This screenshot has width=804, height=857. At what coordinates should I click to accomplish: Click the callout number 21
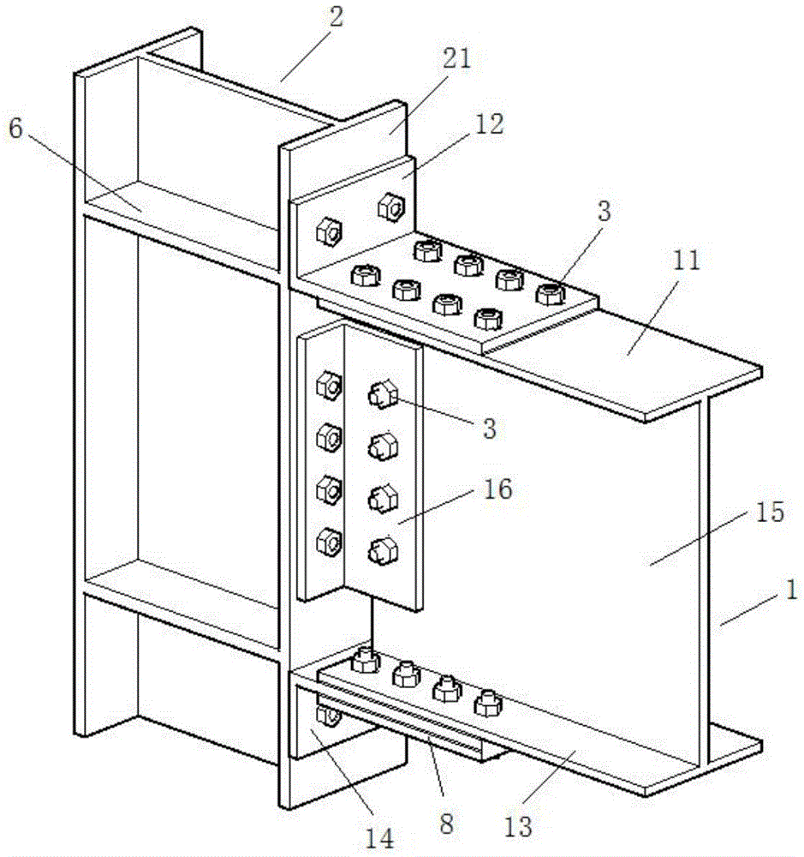pyautogui.click(x=456, y=58)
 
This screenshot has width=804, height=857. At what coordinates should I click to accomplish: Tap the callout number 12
pyautogui.click(x=489, y=124)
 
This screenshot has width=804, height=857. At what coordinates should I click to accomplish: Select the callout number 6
pyautogui.click(x=15, y=129)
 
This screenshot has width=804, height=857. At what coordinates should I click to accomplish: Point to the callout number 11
pyautogui.click(x=686, y=261)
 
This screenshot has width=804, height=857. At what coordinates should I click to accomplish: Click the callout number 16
pyautogui.click(x=497, y=488)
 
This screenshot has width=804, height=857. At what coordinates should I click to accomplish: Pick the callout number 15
pyautogui.click(x=770, y=512)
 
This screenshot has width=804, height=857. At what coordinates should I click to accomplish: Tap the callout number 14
pyautogui.click(x=379, y=837)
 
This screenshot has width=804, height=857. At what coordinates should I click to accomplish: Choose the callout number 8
pyautogui.click(x=447, y=823)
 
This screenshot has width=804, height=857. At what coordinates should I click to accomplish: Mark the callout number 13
pyautogui.click(x=518, y=826)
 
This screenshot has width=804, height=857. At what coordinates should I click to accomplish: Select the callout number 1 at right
pyautogui.click(x=791, y=590)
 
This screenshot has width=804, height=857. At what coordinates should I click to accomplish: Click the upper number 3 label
pyautogui.click(x=604, y=211)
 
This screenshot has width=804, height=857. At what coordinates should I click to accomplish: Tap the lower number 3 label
pyautogui.click(x=490, y=428)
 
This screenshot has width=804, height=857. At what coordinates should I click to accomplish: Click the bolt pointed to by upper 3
pyautogui.click(x=550, y=294)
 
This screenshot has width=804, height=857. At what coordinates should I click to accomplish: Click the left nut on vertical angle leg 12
pyautogui.click(x=330, y=231)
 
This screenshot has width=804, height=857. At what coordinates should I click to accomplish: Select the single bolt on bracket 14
pyautogui.click(x=328, y=716)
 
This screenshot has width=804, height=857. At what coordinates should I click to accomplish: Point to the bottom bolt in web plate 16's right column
pyautogui.click(x=383, y=551)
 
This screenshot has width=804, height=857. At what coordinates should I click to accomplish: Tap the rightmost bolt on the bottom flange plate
pyautogui.click(x=488, y=703)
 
